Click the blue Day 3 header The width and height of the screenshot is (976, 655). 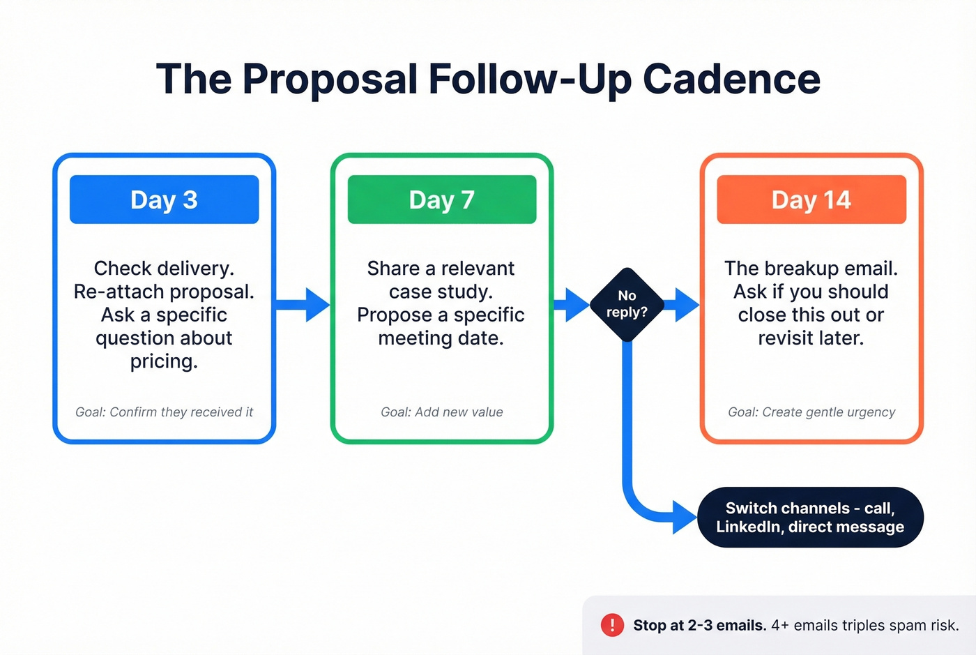164,199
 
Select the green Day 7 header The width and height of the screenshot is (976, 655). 441,199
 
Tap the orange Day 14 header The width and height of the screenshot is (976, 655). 811,199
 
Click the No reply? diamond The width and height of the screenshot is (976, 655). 627,304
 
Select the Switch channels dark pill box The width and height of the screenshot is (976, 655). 810,517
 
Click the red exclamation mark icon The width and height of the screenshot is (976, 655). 612,625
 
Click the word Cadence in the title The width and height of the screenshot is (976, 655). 731,79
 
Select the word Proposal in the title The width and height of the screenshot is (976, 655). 329,79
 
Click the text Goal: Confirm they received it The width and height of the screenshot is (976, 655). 164,412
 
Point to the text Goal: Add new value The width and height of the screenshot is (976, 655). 441,412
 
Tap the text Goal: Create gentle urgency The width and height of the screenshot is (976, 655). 811,412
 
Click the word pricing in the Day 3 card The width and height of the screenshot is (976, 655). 164,361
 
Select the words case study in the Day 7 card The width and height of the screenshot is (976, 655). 441,292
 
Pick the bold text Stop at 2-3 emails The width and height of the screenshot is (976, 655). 699,626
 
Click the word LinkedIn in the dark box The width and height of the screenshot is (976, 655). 749,527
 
